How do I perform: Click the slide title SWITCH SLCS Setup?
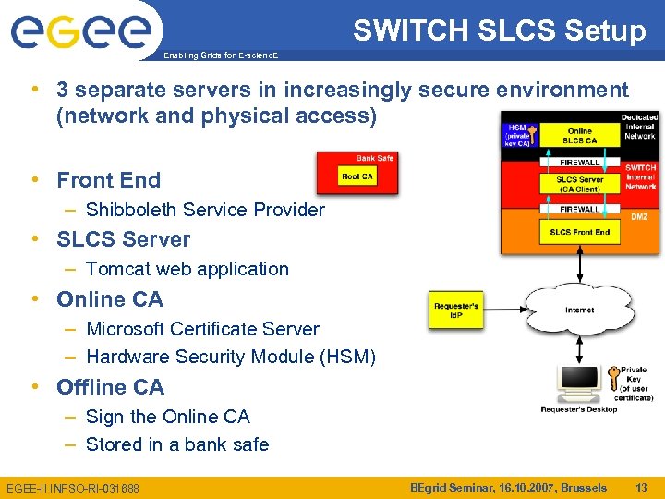[499, 31]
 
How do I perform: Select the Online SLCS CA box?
[579, 135]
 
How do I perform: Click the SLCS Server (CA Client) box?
[579, 184]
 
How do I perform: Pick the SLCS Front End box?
[579, 232]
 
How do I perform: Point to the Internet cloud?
[579, 310]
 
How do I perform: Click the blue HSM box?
[516, 135]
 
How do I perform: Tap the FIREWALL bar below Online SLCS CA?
[579, 162]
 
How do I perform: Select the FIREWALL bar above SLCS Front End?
[579, 209]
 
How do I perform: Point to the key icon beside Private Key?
[613, 379]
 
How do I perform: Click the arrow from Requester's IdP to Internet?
[502, 310]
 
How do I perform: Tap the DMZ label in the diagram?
[639, 216]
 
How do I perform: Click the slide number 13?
[641, 487]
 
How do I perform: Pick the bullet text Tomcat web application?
[187, 269]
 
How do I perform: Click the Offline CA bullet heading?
[110, 386]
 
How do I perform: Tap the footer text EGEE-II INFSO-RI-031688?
[73, 488]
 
